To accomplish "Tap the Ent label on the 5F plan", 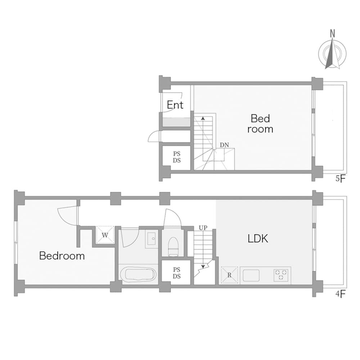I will tap(175, 105).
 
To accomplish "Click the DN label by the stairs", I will tap(225, 145).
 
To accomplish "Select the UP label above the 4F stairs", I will tap(203, 228).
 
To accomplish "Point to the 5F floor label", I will tap(340, 179).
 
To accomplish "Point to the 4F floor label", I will tap(340, 293).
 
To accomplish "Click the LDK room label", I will tap(258, 238).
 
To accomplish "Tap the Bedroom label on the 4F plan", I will tap(62, 256).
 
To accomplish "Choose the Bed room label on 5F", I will tap(260, 123).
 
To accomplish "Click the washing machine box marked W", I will tap(105, 235).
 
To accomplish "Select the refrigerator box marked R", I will tap(229, 275).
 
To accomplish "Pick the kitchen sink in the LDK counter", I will tap(251, 276).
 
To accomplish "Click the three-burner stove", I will tap(281, 275).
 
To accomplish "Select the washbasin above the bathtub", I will tap(152, 238).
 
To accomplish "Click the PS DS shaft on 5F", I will tap(176, 157).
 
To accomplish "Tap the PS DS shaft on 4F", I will tap(176, 273).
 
